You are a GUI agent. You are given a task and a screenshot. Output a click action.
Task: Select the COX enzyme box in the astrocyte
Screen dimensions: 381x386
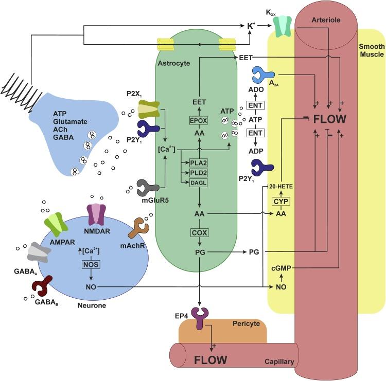point(200,232)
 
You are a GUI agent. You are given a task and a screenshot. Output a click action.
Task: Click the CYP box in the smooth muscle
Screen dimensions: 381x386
point(281,201)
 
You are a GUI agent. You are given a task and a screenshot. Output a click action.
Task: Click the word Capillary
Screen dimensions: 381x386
point(278,361)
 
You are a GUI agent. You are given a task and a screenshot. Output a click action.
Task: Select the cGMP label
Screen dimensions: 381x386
point(281,268)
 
